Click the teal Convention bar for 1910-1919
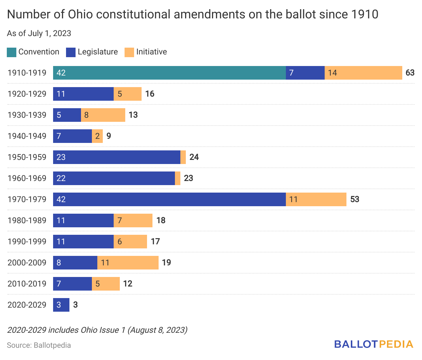point(169,73)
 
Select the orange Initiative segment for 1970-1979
point(316,199)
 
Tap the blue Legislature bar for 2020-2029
point(61,305)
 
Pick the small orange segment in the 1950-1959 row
point(183,157)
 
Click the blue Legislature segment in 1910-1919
point(305,73)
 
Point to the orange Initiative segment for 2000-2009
point(128,263)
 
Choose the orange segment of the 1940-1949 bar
point(97,136)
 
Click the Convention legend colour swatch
point(12,52)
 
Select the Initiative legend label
point(151,52)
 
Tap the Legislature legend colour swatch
point(71,52)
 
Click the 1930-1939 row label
point(27,115)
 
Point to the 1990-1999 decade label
point(27,242)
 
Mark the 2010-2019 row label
point(27,284)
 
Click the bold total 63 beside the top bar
point(410,73)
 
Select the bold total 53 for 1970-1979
point(355,199)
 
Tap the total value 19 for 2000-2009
point(166,263)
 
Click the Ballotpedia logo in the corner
point(373,344)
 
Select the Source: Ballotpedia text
point(39,345)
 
